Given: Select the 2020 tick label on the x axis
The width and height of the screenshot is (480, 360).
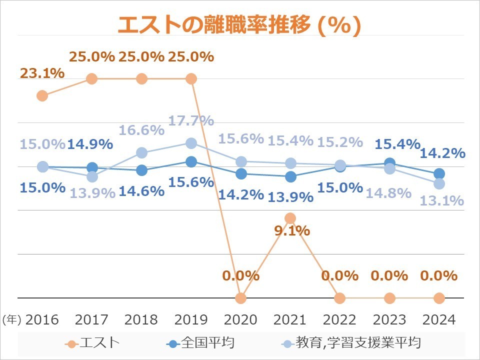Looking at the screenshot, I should tap(241, 319).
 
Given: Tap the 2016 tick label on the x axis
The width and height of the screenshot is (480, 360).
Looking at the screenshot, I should tap(42, 319).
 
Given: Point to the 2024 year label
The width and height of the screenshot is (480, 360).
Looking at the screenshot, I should tap(439, 319).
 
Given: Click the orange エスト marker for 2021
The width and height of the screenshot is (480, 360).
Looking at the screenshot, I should tap(290, 218).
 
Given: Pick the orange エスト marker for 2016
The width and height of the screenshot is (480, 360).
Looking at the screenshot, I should tap(42, 95).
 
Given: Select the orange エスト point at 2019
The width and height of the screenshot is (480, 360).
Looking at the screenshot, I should tap(191, 78).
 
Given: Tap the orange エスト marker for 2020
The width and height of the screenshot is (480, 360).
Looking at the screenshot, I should tap(241, 298).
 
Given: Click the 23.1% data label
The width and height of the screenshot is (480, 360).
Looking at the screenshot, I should tap(42, 73).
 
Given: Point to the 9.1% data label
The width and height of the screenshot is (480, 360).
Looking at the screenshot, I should tap(292, 231).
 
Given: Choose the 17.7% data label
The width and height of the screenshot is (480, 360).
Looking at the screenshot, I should tap(191, 120).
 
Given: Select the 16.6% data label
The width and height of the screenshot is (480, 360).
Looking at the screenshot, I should tap(141, 130).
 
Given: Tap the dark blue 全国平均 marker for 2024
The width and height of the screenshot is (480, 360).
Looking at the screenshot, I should tap(439, 173).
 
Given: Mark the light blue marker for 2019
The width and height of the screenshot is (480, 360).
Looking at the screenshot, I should tap(191, 143).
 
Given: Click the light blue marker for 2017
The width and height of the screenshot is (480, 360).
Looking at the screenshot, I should tap(92, 176).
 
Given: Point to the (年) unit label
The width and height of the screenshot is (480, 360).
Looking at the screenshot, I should tap(11, 320).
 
